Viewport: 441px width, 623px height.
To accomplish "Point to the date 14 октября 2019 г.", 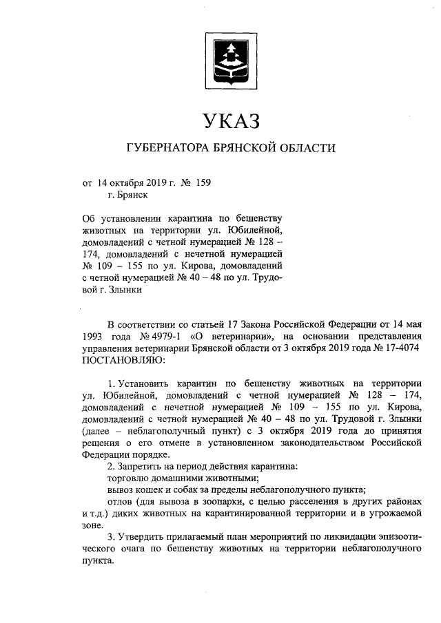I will (135, 182).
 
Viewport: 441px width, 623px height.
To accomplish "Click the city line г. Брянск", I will (127, 196).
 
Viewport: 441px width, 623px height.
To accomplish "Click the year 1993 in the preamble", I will (95, 335).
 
